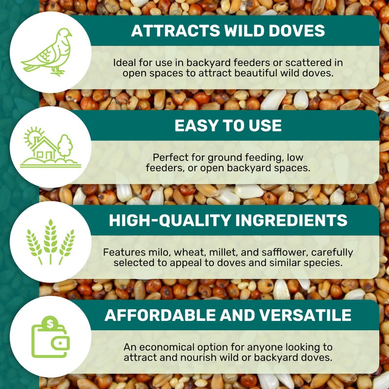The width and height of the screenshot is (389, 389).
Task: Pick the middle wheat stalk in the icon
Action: pos(51,241)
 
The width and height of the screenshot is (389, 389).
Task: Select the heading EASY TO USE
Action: pos(228,125)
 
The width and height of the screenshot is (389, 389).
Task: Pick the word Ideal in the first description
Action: pos(123,63)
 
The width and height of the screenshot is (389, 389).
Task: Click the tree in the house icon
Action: pos(65,144)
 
